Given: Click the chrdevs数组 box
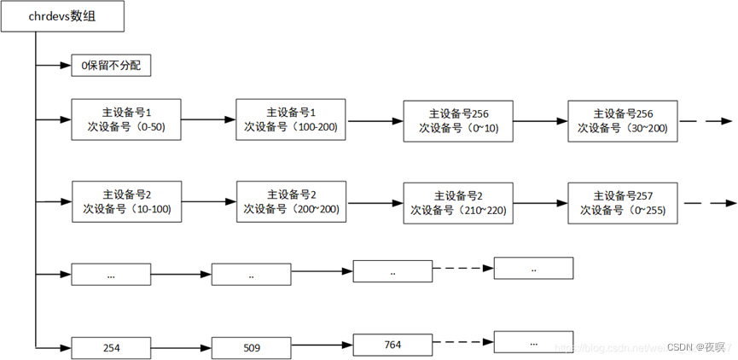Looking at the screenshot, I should (x=64, y=18).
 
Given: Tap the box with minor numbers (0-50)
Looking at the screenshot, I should (x=126, y=119).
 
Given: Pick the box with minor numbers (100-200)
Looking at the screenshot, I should (x=291, y=119).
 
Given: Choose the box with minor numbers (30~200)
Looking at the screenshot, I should (x=622, y=120).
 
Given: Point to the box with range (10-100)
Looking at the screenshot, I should (x=127, y=201).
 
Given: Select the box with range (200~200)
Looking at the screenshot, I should (x=291, y=201).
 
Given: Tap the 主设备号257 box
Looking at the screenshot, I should (x=622, y=202).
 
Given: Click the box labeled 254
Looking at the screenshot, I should (x=112, y=347).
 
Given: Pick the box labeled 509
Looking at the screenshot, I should (x=251, y=348).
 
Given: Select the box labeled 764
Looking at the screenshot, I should (x=392, y=345).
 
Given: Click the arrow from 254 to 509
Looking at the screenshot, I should (x=181, y=347).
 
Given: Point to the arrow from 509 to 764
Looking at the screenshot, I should (x=322, y=345).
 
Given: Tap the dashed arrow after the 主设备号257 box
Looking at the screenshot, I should (x=708, y=203).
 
